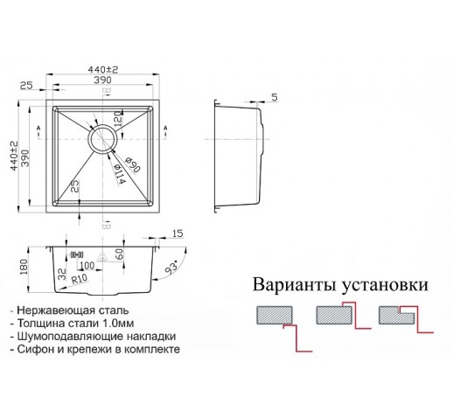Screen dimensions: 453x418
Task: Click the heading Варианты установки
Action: click(340, 285)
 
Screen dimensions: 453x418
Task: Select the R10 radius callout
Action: click(80, 279)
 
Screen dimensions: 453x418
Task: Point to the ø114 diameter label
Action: click(119, 174)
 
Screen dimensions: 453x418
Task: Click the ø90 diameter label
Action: click(133, 164)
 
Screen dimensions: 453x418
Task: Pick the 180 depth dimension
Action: click(24, 267)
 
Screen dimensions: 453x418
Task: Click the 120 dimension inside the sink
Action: click(118, 119)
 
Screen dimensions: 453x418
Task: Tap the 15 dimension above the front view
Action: click(178, 233)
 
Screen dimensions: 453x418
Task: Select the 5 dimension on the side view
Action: click(275, 97)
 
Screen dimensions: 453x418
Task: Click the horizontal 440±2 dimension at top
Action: click(103, 70)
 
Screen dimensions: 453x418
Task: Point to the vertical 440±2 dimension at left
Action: click(14, 156)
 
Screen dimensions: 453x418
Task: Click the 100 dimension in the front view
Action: click(87, 265)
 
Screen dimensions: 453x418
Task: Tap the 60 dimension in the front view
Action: click(120, 254)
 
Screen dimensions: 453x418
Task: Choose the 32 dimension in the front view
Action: click(62, 275)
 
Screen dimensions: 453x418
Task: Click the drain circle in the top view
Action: click(103, 139)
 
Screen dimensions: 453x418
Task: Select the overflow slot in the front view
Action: click(77, 255)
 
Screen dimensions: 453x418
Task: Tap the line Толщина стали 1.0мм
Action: click(72, 324)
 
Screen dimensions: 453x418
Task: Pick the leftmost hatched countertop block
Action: click(275, 315)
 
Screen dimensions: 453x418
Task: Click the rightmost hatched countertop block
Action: click(396, 315)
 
